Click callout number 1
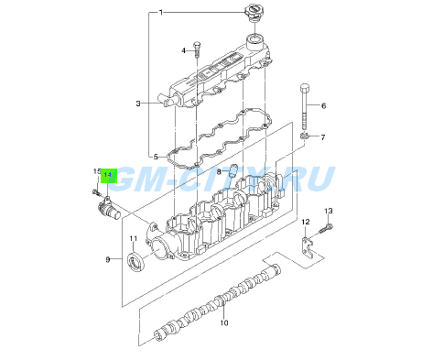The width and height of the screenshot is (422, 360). (162, 13)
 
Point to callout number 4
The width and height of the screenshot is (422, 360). (183, 49)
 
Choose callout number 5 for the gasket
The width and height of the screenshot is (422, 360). (157, 156)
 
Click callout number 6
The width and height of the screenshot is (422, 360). (323, 105)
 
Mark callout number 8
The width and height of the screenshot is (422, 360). (219, 171)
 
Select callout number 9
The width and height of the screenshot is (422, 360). (107, 260)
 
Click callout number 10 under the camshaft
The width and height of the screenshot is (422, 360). (223, 322)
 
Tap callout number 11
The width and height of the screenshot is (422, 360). (133, 240)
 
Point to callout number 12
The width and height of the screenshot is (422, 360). (306, 224)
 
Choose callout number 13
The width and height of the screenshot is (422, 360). (330, 212)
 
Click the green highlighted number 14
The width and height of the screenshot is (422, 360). (108, 173)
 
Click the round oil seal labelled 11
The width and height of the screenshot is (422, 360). (136, 265)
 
